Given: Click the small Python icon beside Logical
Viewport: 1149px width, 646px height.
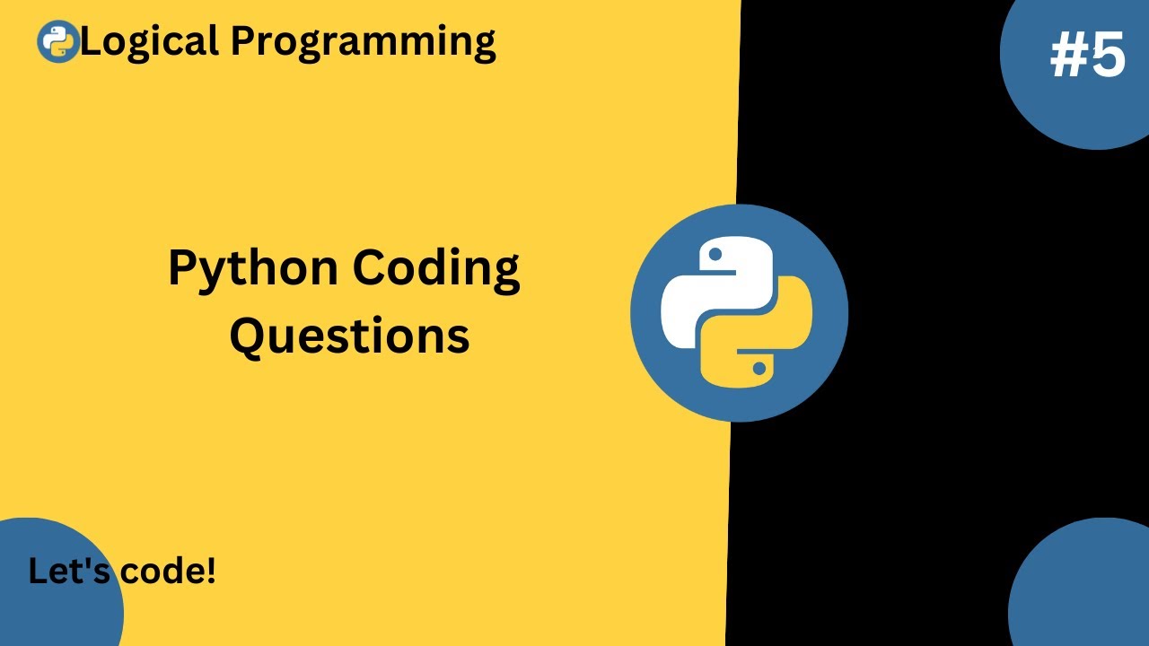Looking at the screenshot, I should tap(58, 41).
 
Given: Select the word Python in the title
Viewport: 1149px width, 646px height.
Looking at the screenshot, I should tap(253, 269).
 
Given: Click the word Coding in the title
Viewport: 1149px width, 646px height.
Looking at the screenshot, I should tap(435, 269).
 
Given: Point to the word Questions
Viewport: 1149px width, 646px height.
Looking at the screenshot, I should tap(349, 336).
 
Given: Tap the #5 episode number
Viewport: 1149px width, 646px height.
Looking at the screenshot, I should tap(1087, 57).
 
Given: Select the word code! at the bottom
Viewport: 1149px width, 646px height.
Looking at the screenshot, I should tap(168, 572).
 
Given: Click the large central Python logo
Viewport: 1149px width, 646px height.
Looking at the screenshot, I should tap(739, 312).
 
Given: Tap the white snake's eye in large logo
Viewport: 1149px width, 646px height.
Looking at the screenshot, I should tap(715, 255).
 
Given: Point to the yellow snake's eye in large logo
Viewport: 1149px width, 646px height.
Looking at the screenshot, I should tap(760, 368).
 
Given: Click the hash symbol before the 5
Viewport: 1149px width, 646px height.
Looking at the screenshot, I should tap(1067, 57).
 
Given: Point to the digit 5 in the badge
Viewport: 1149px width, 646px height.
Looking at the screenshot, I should tap(1109, 57).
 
